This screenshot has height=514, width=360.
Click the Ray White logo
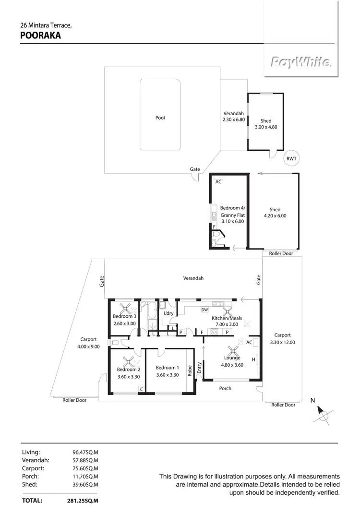300,62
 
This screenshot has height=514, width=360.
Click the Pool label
160,118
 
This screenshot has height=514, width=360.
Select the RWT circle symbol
291,159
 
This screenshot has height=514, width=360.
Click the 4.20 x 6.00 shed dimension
275,216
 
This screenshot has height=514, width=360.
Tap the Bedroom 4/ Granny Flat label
232,211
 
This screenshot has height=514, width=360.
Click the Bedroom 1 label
167,368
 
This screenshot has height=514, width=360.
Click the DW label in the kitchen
204,310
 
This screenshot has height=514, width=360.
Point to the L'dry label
168,313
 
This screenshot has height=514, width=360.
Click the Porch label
225,388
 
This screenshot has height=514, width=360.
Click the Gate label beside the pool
195,169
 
